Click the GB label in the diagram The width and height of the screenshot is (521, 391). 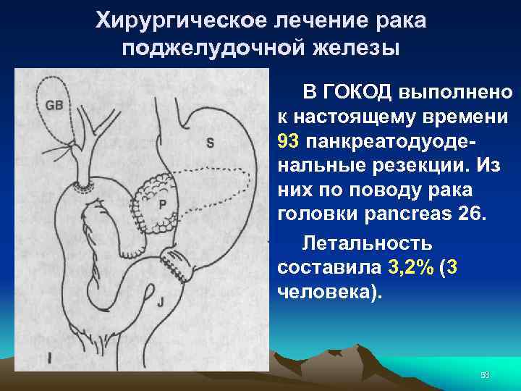pos(54,105)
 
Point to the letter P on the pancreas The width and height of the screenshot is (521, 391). pos(163,205)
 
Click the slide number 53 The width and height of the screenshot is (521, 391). pos(485,372)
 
